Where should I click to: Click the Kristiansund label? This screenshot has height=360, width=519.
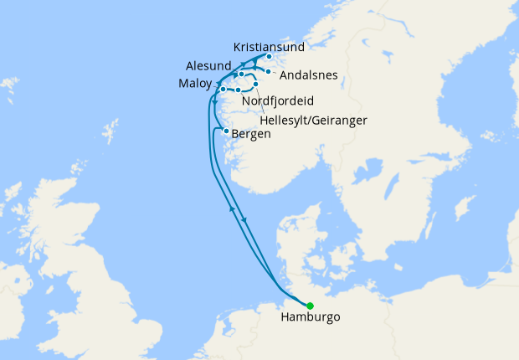[x=270, y=47]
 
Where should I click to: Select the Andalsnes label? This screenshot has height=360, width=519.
[x=308, y=75]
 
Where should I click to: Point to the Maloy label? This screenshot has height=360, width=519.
[x=194, y=84]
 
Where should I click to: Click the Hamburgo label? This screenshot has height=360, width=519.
[x=311, y=318]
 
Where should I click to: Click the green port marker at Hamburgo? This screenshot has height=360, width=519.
[x=310, y=306]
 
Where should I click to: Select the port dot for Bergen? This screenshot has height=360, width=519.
[x=226, y=131]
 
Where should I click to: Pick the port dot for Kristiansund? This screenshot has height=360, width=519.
[x=269, y=57]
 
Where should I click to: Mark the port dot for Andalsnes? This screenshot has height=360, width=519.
[x=270, y=72]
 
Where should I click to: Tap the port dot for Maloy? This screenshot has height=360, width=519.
[x=223, y=89]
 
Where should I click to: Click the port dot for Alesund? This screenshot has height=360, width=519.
[x=241, y=75]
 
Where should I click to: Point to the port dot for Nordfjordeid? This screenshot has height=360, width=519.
[x=239, y=90]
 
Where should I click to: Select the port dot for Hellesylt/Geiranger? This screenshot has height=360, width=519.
[x=255, y=85]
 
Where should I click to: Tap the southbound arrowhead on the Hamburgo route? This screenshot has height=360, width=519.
[x=244, y=220]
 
